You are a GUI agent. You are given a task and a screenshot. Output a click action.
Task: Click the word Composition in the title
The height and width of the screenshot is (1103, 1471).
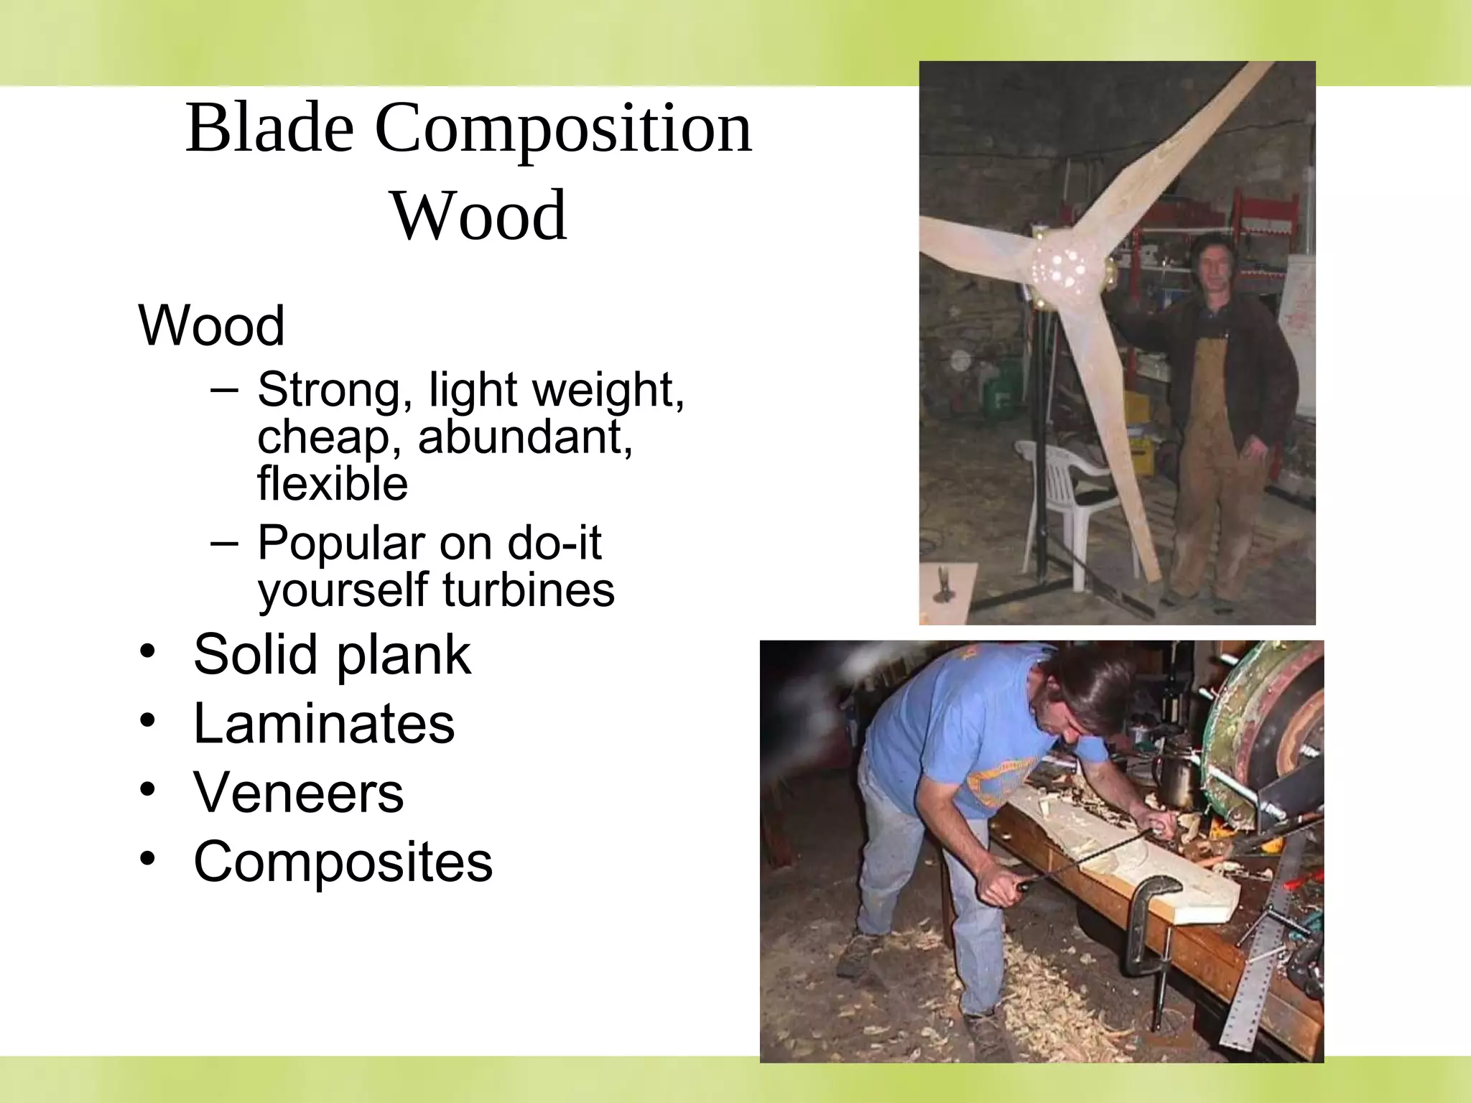tap(563, 129)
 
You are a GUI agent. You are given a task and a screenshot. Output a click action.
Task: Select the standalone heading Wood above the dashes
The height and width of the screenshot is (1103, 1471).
tap(211, 325)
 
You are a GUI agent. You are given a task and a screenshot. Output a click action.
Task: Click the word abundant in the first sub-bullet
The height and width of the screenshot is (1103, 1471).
tap(524, 437)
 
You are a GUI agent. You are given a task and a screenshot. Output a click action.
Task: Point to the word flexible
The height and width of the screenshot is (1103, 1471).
tap(333, 483)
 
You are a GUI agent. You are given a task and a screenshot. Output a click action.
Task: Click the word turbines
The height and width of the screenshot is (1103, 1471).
tap(529, 590)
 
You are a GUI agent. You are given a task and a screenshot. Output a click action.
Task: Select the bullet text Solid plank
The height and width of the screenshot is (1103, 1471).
tap(332, 654)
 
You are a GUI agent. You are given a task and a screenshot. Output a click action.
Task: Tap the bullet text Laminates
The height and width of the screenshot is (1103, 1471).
tap(324, 723)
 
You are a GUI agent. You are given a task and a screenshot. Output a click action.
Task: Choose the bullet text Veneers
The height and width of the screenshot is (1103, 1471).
tap(299, 793)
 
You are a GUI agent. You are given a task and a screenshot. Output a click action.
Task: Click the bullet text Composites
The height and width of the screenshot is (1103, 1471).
tap(343, 861)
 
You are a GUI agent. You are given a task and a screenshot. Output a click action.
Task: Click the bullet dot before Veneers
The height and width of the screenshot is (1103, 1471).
tap(147, 790)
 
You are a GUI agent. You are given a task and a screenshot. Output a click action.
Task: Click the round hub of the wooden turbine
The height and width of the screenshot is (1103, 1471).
tap(1063, 269)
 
